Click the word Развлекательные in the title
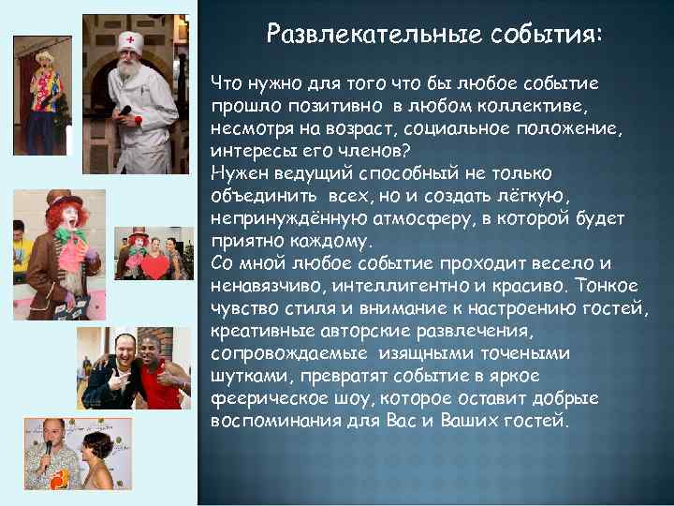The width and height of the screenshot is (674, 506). point(374,35)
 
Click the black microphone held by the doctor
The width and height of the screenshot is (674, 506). point(125,112)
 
